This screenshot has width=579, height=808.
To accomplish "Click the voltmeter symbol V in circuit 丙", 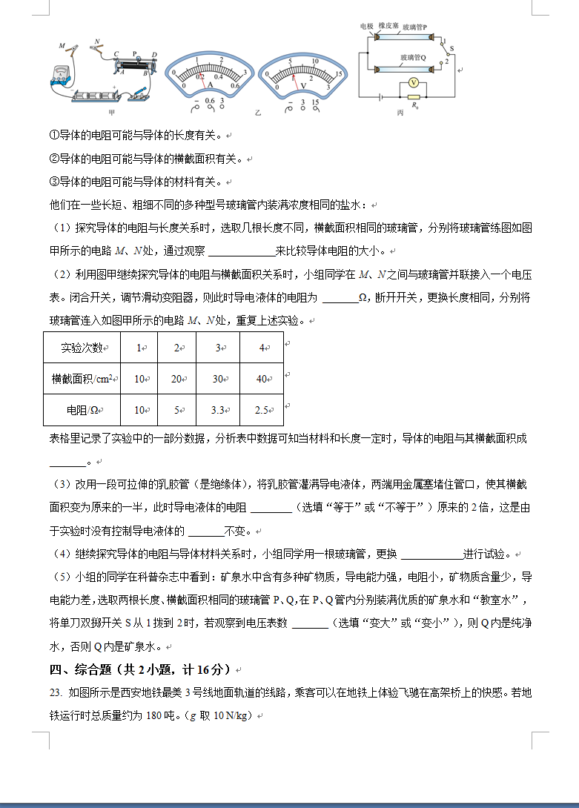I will [x=415, y=82].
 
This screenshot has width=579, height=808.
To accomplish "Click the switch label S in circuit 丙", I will [x=451, y=48].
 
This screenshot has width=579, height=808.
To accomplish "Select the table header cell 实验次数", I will [x=81, y=348].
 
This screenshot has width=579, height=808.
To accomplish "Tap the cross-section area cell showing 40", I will [x=261, y=379].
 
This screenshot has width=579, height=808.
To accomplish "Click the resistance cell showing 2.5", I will [x=261, y=410].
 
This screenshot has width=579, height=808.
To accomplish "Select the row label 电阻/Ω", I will [x=81, y=410].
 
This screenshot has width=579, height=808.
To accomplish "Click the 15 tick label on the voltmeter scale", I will [x=337, y=75].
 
